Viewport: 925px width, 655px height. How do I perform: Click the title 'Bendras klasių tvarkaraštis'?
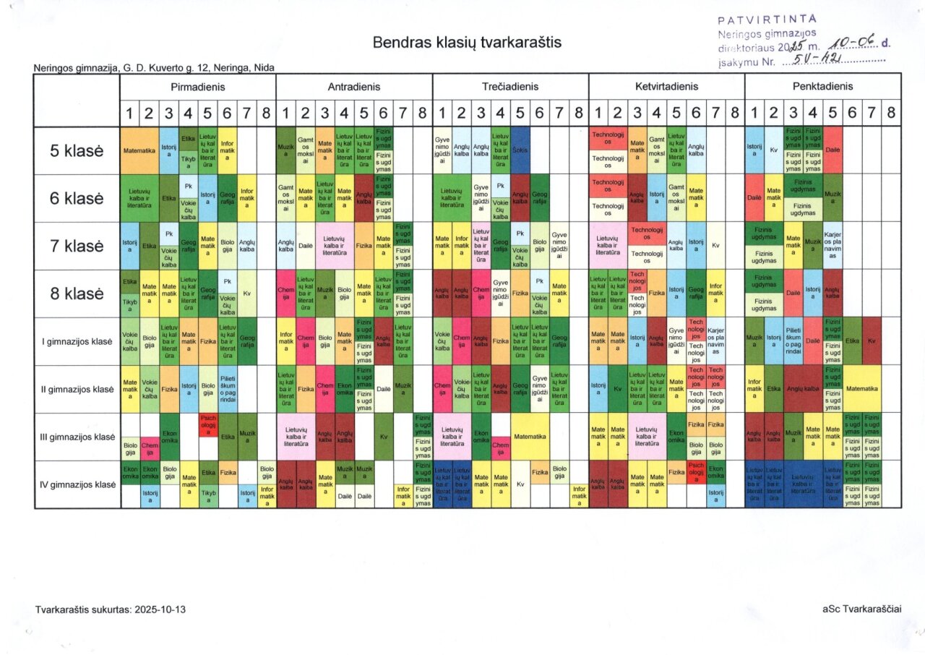(x=467, y=43)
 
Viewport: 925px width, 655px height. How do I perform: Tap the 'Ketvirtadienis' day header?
(x=666, y=87)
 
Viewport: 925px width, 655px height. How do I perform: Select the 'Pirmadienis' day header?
(x=198, y=87)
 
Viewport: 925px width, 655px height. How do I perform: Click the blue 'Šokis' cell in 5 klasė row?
(x=520, y=150)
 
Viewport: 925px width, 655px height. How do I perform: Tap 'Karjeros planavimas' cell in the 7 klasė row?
(x=832, y=246)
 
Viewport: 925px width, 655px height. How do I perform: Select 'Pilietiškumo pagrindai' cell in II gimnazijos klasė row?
(x=227, y=389)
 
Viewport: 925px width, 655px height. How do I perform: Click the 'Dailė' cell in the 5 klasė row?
(x=832, y=150)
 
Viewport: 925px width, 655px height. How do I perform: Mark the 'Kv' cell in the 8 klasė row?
(x=246, y=294)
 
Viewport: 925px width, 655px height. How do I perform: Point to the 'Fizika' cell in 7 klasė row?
(x=364, y=246)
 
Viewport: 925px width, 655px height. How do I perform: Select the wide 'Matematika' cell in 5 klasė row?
(x=139, y=150)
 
